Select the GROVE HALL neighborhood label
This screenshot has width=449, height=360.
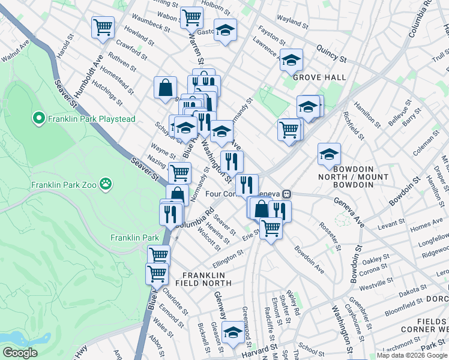[319, 77]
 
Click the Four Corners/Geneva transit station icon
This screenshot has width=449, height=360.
[288, 193]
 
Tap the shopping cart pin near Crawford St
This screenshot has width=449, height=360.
[103, 27]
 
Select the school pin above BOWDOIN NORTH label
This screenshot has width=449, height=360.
[329, 154]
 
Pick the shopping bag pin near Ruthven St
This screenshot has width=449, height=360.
[165, 88]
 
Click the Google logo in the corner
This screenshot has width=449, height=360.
[20, 353]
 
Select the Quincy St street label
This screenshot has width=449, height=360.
[332, 55]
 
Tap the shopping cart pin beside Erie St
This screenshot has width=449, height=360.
[271, 227]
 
